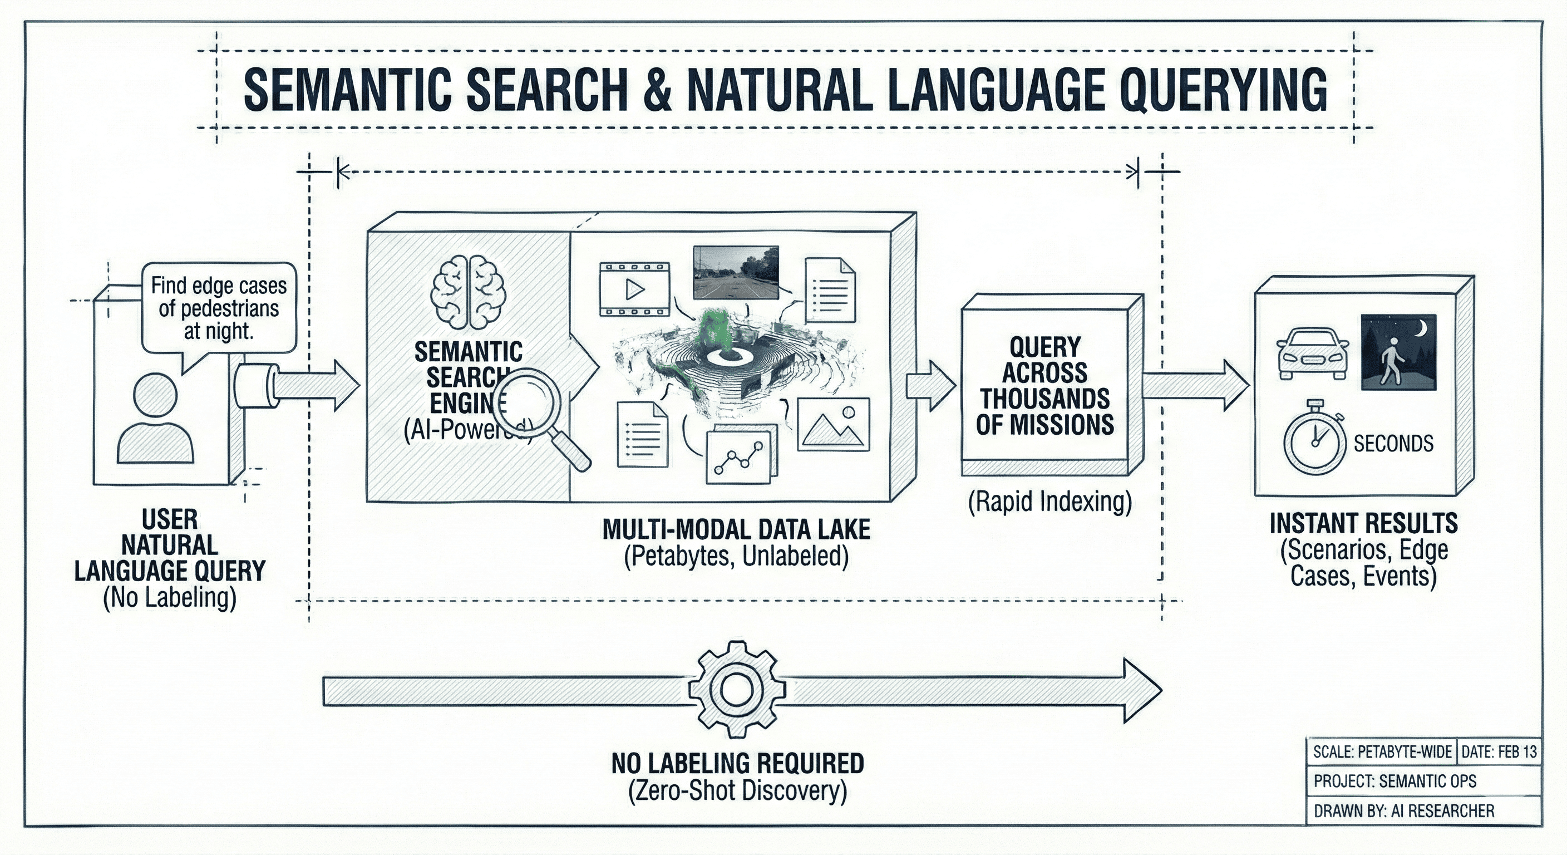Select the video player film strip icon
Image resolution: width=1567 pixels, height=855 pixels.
click(x=634, y=289)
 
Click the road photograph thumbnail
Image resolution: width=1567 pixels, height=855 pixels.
click(x=736, y=272)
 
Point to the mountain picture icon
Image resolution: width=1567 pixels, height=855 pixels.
click(x=833, y=424)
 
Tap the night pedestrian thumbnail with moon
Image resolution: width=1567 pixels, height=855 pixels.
click(x=1398, y=352)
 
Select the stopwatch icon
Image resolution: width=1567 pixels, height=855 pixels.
click(x=1314, y=439)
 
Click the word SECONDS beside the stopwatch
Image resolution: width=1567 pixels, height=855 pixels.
click(x=1393, y=444)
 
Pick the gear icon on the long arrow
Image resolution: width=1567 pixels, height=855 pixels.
click(x=737, y=690)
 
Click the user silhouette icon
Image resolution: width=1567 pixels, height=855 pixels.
click(x=156, y=419)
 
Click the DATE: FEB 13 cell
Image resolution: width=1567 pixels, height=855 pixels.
click(x=1498, y=752)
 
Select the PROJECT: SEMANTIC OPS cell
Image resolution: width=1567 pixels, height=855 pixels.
click(x=1394, y=781)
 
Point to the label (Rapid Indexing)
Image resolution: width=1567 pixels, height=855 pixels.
click(x=1050, y=502)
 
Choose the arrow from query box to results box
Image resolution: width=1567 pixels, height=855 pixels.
click(x=1195, y=385)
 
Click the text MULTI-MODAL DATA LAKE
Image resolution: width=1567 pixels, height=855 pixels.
click(x=736, y=529)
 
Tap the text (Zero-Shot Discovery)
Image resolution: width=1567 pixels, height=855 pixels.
click(x=737, y=790)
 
